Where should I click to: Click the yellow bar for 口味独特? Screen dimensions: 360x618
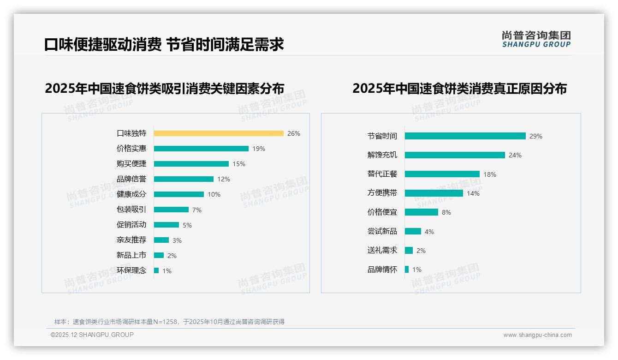pyautogui.click(x=219, y=133)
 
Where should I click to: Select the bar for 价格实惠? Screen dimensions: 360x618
pyautogui.click(x=201, y=149)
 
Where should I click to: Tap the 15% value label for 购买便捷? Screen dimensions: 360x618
pyautogui.click(x=239, y=164)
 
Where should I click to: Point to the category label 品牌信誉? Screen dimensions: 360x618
pyautogui.click(x=131, y=179)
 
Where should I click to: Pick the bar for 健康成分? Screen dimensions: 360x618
pyautogui.click(x=179, y=194)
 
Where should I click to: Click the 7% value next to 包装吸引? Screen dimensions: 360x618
pyautogui.click(x=197, y=210)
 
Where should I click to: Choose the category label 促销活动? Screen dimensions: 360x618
pyautogui.click(x=131, y=225)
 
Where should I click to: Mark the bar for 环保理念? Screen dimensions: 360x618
pyautogui.click(x=156, y=270)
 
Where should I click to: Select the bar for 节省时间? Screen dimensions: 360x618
pyautogui.click(x=465, y=136)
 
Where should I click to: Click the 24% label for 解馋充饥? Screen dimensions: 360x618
pyautogui.click(x=515, y=155)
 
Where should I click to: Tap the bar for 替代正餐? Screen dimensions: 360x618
pyautogui.click(x=442, y=174)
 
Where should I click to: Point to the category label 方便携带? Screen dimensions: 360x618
pyautogui.click(x=382, y=193)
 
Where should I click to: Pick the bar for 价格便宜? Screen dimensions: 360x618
pyautogui.click(x=422, y=212)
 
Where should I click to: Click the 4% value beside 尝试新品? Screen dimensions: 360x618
pyautogui.click(x=429, y=232)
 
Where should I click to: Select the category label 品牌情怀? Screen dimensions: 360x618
pyautogui.click(x=382, y=270)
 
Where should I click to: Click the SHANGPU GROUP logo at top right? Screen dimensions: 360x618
pyautogui.click(x=536, y=39)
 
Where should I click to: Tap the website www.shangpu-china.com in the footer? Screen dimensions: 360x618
pyautogui.click(x=537, y=335)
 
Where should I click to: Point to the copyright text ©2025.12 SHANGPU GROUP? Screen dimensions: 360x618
pyautogui.click(x=92, y=335)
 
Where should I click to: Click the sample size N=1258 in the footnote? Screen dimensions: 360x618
pyautogui.click(x=165, y=322)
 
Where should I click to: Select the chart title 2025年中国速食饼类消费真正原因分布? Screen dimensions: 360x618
pyautogui.click(x=459, y=88)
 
